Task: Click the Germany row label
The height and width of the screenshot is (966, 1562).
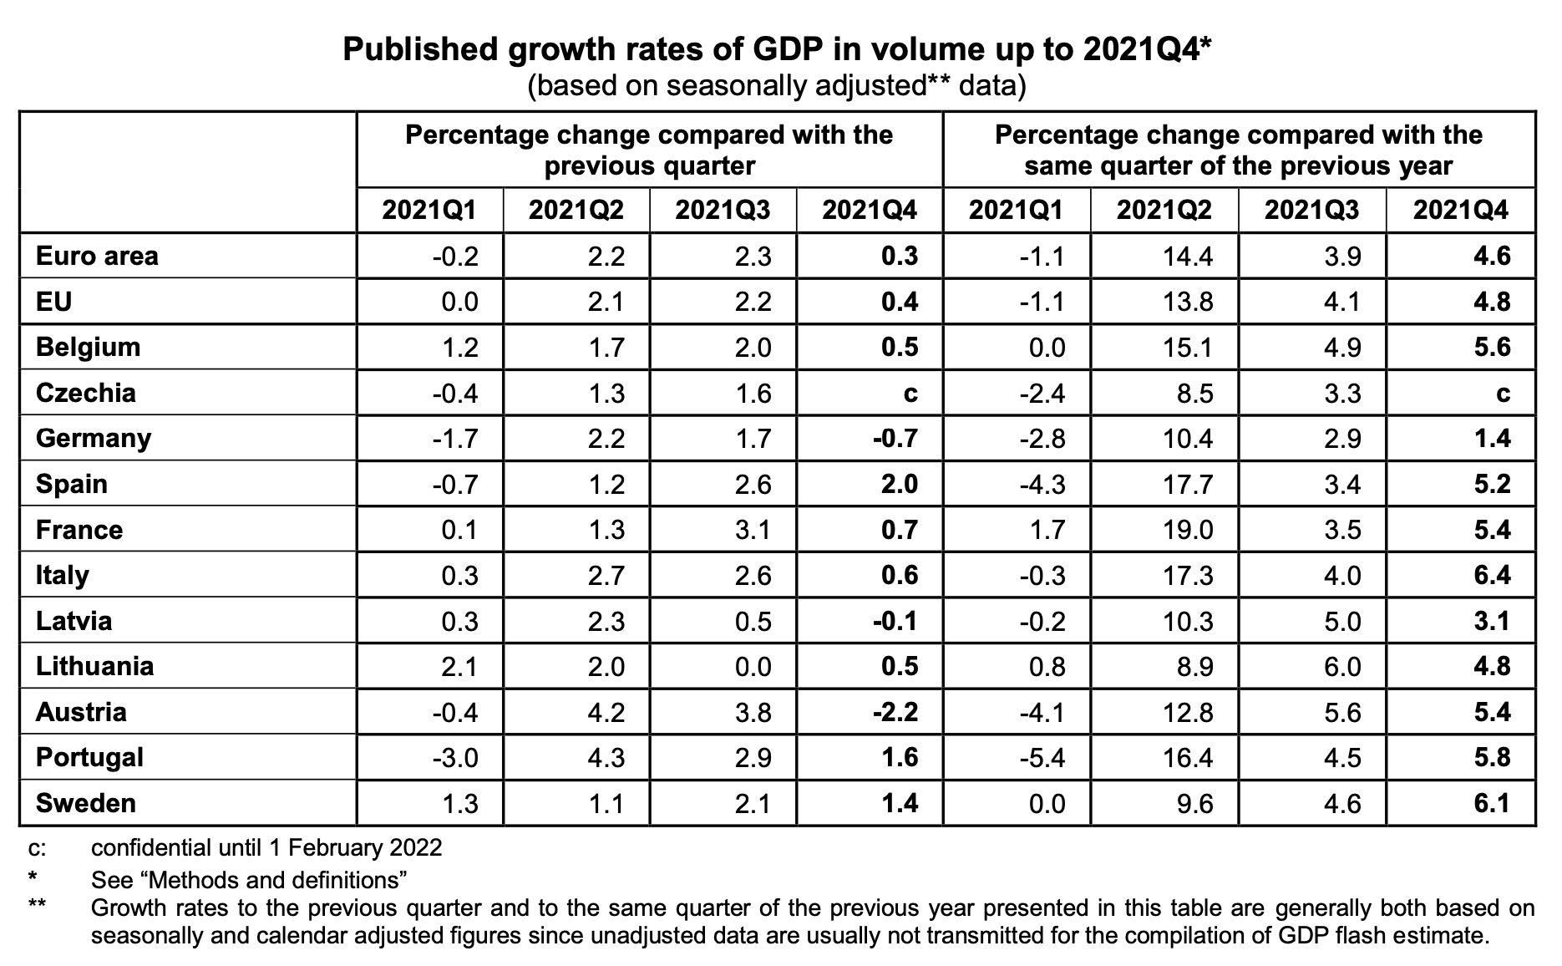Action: (x=94, y=438)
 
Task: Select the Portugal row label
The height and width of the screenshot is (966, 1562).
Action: (x=89, y=757)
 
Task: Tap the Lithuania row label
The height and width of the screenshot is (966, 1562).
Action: (x=94, y=666)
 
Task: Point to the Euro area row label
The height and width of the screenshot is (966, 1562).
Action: (x=97, y=256)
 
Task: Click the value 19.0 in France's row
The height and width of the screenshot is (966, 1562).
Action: (x=1188, y=530)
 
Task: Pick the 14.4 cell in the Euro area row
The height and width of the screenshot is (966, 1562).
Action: (x=1188, y=256)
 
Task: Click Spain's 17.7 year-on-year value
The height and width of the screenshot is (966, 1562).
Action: (x=1188, y=484)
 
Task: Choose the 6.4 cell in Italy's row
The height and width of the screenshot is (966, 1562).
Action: (x=1492, y=575)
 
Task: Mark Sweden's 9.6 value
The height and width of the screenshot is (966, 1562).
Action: (x=1194, y=803)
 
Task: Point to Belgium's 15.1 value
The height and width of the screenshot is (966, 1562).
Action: (x=1188, y=347)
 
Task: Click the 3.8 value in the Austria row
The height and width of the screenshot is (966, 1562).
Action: (x=753, y=712)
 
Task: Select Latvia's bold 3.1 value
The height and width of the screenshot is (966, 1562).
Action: (x=1492, y=621)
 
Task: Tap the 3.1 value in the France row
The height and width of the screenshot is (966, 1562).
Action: (x=753, y=530)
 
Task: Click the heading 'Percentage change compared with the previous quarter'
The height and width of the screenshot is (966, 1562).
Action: (x=649, y=150)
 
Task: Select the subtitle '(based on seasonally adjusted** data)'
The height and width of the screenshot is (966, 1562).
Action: (x=776, y=86)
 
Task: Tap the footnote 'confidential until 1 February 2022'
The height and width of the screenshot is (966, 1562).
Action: (x=266, y=847)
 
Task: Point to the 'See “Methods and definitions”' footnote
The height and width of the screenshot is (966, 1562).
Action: (x=249, y=879)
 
